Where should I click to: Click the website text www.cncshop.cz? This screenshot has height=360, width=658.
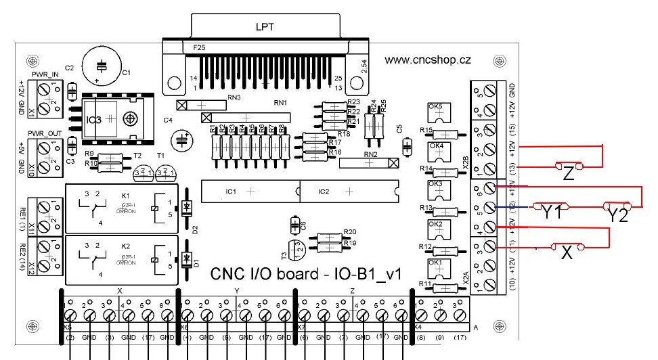click(x=427, y=60)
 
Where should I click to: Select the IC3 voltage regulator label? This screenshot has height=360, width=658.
click(x=95, y=120)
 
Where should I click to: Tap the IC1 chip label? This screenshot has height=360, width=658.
click(x=231, y=192)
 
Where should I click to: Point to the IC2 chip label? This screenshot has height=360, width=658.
click(x=324, y=192)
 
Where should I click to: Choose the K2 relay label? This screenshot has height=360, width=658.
click(x=125, y=246)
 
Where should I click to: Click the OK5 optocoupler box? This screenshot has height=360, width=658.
click(x=437, y=113)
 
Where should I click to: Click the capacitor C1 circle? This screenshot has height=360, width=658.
click(x=102, y=66)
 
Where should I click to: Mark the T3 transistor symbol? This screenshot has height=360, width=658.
click(x=293, y=251)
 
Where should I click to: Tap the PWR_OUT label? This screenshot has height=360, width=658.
click(x=44, y=133)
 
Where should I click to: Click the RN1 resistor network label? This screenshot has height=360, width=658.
click(x=280, y=103)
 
